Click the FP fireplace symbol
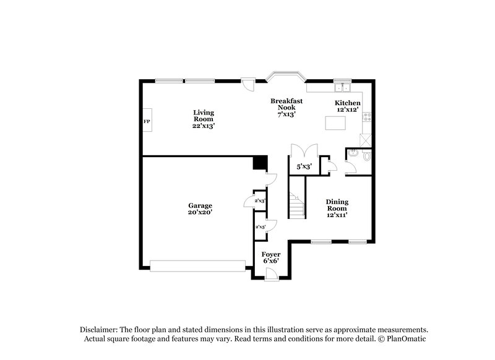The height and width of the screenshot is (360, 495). (147, 122)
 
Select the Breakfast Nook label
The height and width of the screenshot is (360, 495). (286, 107)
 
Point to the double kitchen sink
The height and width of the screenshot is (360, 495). (342, 85)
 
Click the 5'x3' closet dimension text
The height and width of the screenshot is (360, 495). (303, 166)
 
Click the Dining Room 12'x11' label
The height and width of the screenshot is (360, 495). (337, 208)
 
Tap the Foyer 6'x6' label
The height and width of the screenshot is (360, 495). (270, 257)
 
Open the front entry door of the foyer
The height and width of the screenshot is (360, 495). (270, 277)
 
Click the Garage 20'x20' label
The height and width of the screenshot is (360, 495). (200, 208)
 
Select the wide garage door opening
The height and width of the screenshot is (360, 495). (198, 265)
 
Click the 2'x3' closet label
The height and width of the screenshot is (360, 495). (260, 200)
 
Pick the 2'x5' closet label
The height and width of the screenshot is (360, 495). (260, 227)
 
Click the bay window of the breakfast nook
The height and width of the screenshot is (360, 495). (286, 78)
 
